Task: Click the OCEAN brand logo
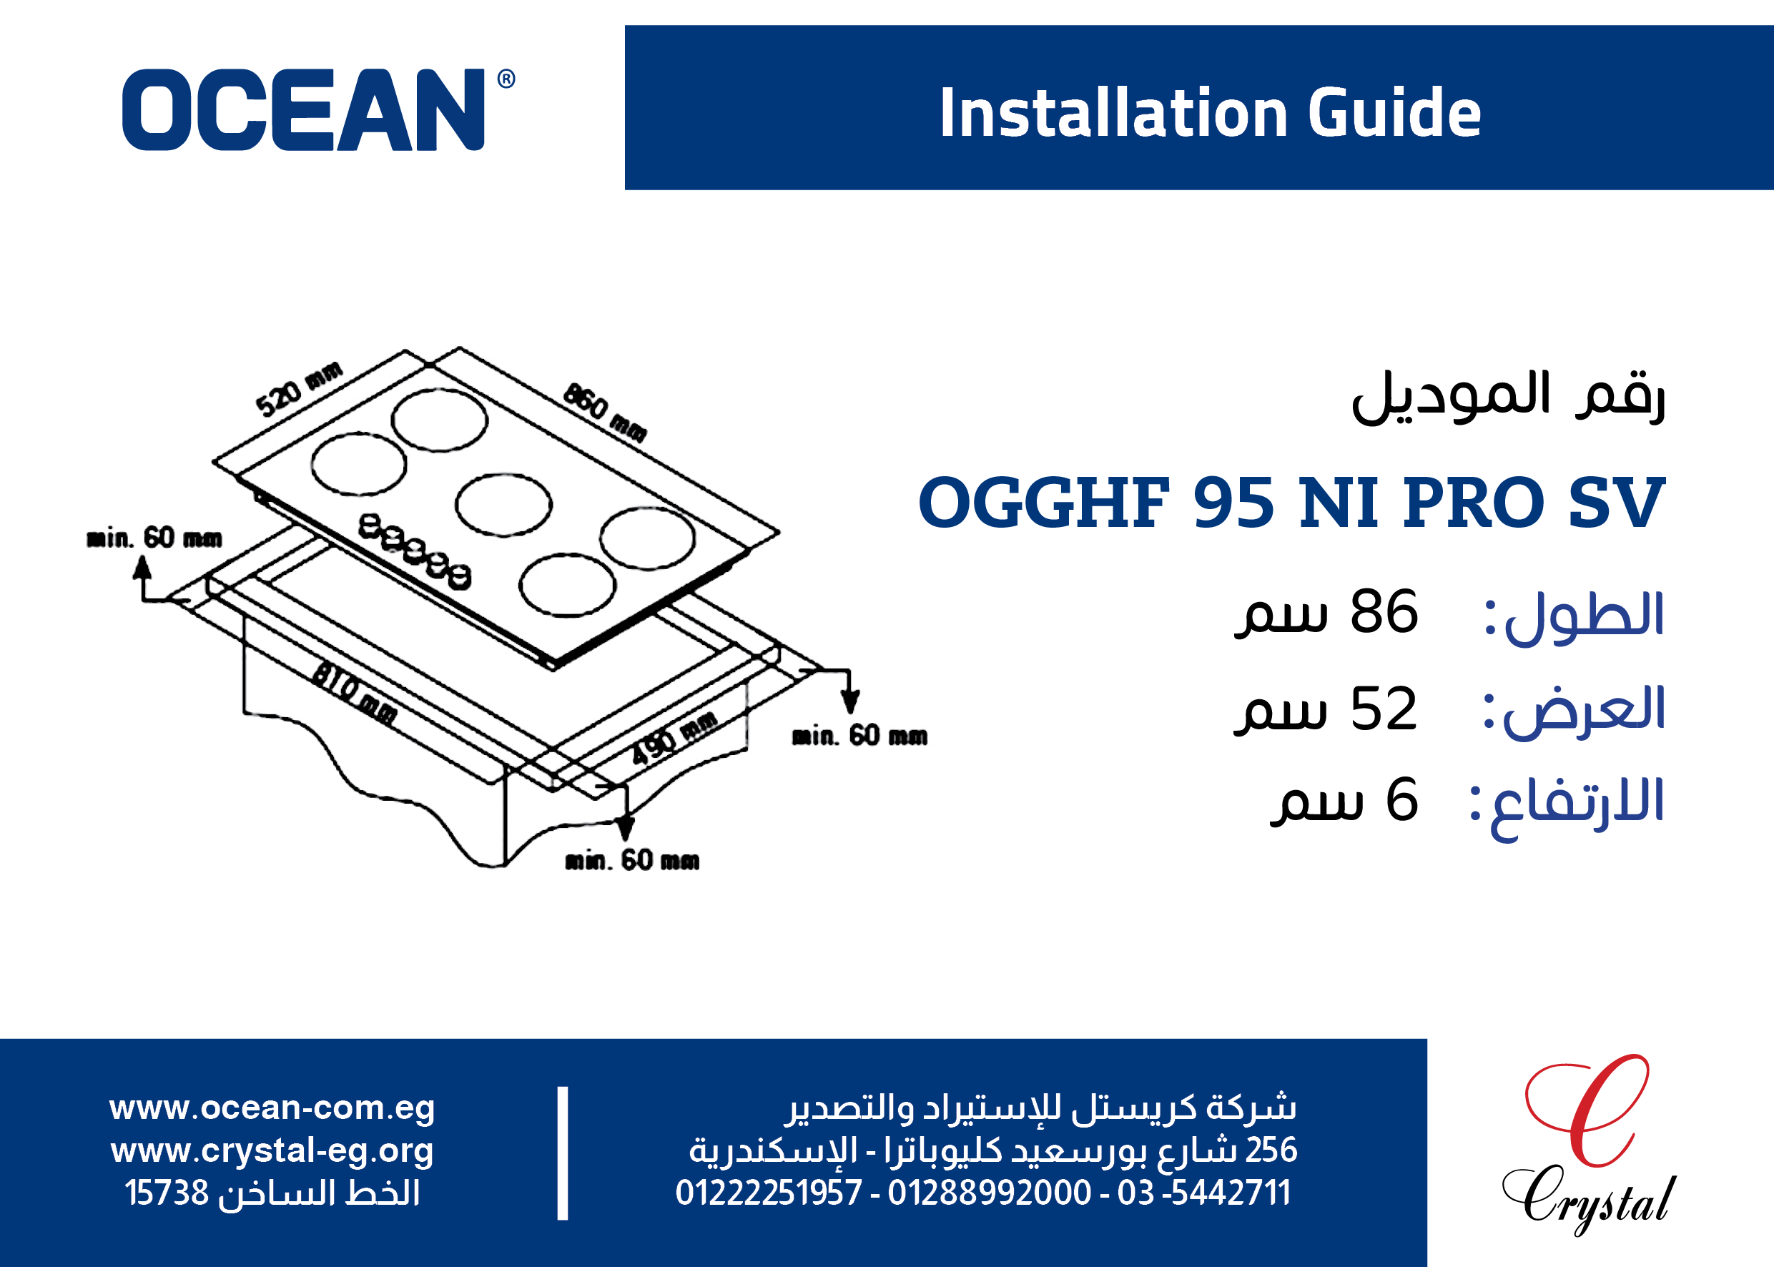318,109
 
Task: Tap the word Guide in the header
1394,113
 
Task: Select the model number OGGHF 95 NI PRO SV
1291,503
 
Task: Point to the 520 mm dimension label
299,388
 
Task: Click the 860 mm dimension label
605,412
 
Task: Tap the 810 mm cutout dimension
354,692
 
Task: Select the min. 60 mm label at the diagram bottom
632,861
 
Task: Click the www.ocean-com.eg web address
272,1108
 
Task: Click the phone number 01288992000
989,1193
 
